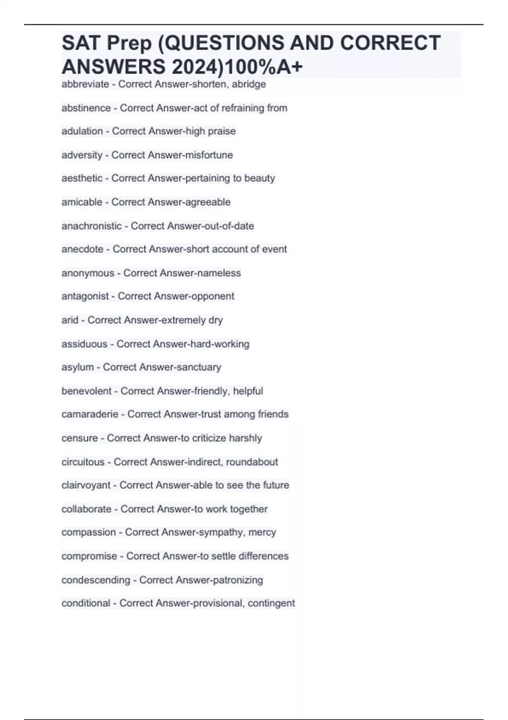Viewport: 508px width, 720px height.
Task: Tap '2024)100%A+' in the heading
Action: coord(237,67)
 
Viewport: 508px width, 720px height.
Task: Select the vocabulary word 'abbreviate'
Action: coord(85,84)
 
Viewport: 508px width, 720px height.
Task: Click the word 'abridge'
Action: coord(249,84)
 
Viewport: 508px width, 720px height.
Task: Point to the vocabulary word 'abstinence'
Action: coord(86,108)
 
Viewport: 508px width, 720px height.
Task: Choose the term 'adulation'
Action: coord(82,131)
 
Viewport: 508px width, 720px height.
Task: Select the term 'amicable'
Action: coord(82,202)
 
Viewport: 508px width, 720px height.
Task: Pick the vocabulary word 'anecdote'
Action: coord(82,249)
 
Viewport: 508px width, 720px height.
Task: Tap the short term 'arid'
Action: coord(70,320)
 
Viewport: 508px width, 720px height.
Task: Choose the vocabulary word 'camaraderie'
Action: coord(90,414)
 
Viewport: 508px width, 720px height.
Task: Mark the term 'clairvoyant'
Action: coord(86,485)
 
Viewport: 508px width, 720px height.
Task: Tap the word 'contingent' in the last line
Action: coord(271,603)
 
